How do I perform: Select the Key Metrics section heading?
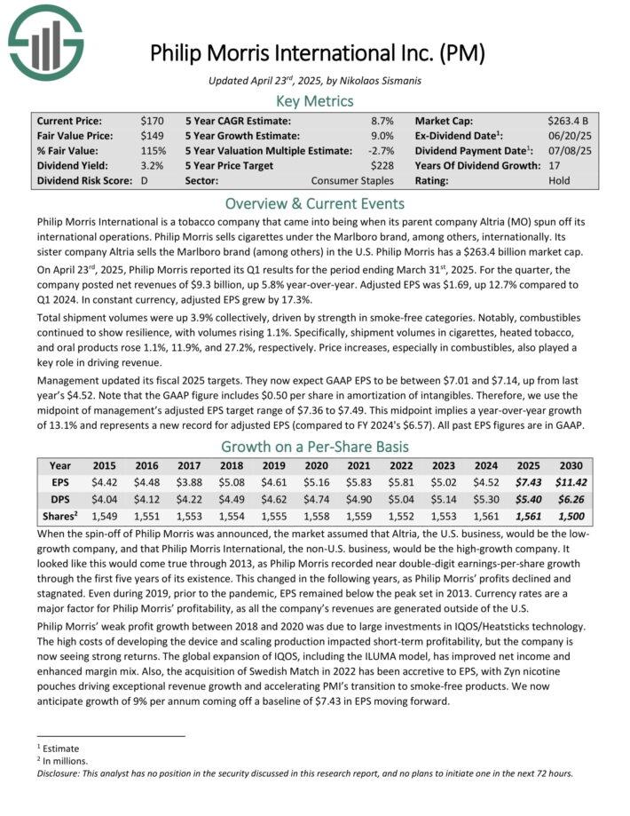click(x=315, y=101)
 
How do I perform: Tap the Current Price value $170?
click(x=152, y=120)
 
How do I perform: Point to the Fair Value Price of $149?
click(x=152, y=135)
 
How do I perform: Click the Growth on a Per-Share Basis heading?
click(x=315, y=447)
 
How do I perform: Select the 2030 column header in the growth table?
click(x=571, y=465)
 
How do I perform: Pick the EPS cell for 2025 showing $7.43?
click(x=530, y=481)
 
